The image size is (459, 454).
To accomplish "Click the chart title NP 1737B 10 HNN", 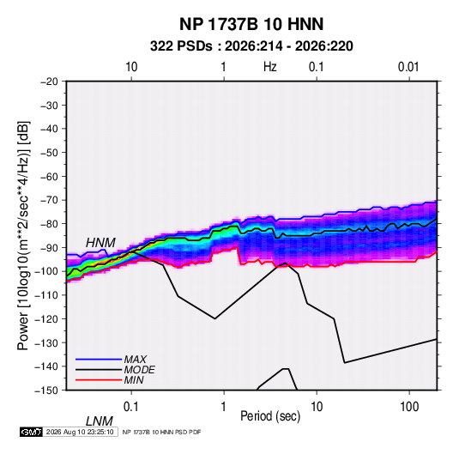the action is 251,24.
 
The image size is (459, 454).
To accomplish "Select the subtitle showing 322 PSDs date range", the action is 251,46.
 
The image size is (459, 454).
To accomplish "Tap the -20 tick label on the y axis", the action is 49,82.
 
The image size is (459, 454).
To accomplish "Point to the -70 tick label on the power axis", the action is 49,200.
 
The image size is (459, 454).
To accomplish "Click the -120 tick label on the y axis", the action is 46,318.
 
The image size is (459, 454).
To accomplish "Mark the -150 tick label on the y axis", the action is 46,390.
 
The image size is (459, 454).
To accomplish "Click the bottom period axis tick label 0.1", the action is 131,407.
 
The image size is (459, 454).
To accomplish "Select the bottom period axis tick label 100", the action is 409,407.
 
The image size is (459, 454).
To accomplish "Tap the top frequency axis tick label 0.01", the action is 408,67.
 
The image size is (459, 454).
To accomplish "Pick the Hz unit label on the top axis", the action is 270,67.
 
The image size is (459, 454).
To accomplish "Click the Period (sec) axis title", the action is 270,416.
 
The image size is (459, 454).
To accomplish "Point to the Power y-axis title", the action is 23,236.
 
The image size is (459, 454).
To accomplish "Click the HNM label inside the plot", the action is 100,243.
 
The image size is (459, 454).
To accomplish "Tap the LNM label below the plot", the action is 99,421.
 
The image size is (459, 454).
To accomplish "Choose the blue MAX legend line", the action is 99,360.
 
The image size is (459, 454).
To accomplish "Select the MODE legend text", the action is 139,370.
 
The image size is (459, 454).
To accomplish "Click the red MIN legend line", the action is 99,380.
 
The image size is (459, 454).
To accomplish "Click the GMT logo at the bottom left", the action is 31,432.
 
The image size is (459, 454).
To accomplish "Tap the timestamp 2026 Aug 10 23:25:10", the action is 80,432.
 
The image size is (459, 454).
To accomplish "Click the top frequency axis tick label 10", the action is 131,67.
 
